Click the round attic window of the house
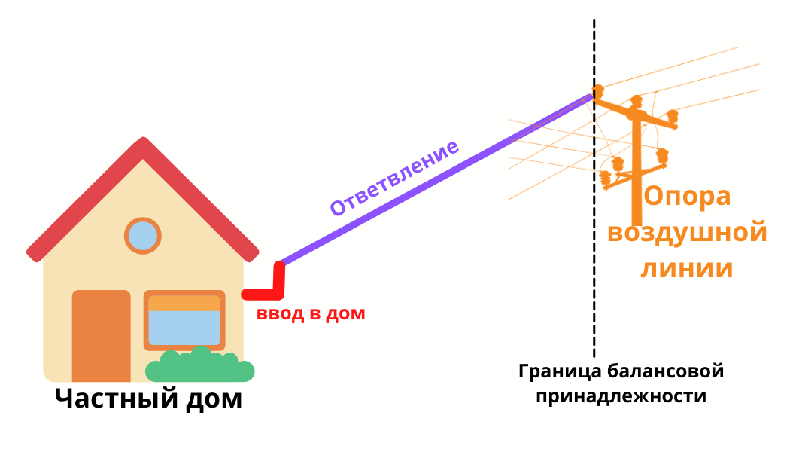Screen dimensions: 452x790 (142, 236)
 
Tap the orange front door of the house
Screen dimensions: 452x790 (101, 335)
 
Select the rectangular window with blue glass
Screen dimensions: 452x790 (184, 320)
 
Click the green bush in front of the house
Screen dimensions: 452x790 (199, 367)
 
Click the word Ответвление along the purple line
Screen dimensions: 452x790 (394, 179)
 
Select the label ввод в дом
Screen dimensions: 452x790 (311, 314)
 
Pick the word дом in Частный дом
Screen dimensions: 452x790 (214, 399)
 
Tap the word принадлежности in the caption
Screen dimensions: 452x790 (621, 396)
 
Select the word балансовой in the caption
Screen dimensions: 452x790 (665, 371)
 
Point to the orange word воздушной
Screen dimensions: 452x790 (687, 232)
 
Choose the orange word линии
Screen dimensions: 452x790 (687, 268)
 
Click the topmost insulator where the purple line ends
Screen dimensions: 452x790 (598, 92)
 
